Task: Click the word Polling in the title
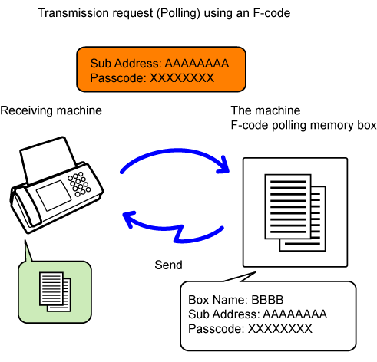[x=178, y=13]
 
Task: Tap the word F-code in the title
[x=272, y=13]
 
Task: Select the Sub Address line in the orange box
[x=160, y=64]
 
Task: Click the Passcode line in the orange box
[x=152, y=78]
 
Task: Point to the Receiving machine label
[x=51, y=110]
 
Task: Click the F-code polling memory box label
[x=303, y=125]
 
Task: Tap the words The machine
[x=266, y=110]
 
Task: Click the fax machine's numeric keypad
[x=79, y=184]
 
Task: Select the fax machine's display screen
[x=54, y=195]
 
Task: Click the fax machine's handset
[x=25, y=208]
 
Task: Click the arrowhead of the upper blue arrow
[x=223, y=166]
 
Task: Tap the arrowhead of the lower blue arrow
[x=129, y=219]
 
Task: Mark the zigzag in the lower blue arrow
[x=179, y=234]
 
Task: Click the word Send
[x=168, y=265]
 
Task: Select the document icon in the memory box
[x=295, y=212]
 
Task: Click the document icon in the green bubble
[x=55, y=291]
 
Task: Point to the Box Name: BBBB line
[x=236, y=300]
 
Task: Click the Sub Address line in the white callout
[x=257, y=314]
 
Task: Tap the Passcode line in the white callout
[x=250, y=329]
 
